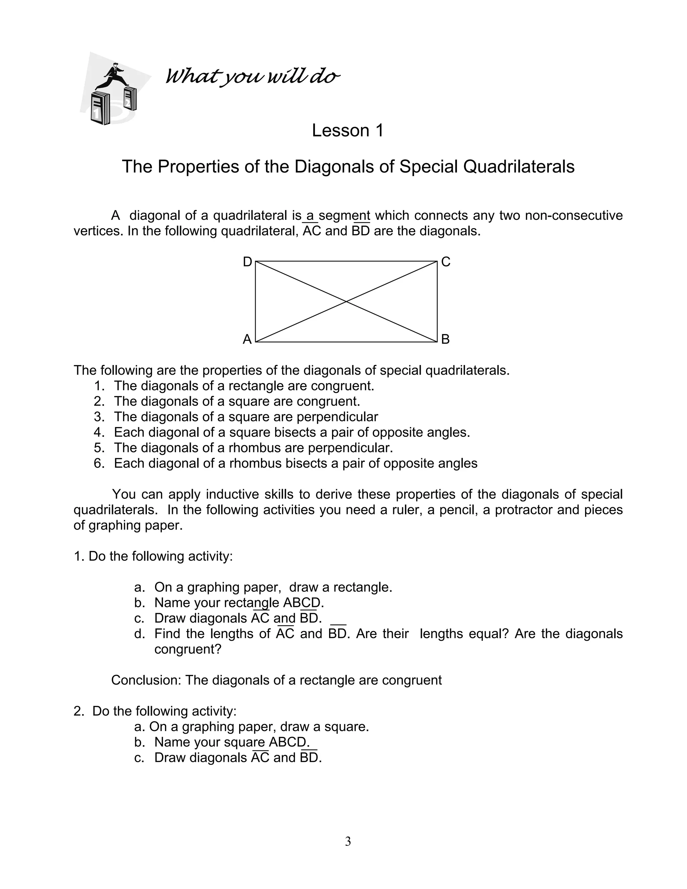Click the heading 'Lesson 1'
[x=348, y=130]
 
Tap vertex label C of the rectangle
[x=446, y=262]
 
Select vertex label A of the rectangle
[x=247, y=339]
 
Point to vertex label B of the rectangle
[x=445, y=339]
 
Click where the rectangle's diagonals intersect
[x=346, y=302]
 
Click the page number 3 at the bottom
[x=348, y=841]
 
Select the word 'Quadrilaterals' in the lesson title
[x=519, y=166]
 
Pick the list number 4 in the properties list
[x=99, y=432]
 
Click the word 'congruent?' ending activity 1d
[x=188, y=649]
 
